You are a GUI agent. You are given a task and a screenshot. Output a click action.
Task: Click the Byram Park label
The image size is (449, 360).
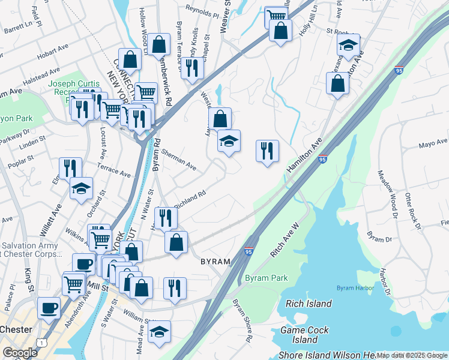click(267, 278)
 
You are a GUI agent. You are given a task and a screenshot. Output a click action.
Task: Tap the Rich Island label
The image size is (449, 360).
click(309, 304)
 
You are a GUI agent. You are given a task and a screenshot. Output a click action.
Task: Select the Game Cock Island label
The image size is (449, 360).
click(305, 335)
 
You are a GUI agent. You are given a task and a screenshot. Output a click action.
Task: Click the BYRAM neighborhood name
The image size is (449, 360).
click(214, 262)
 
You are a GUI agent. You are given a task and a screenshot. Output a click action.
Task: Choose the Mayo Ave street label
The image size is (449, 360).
click(433, 144)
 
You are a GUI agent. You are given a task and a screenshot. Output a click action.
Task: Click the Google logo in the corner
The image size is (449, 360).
click(20, 353)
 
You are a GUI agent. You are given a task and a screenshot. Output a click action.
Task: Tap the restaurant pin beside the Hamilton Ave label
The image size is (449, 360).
click(267, 150)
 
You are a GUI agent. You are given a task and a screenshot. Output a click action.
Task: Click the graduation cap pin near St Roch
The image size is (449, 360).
click(348, 45)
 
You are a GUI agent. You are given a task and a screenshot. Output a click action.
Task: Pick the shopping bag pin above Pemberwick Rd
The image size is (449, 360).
click(158, 44)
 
